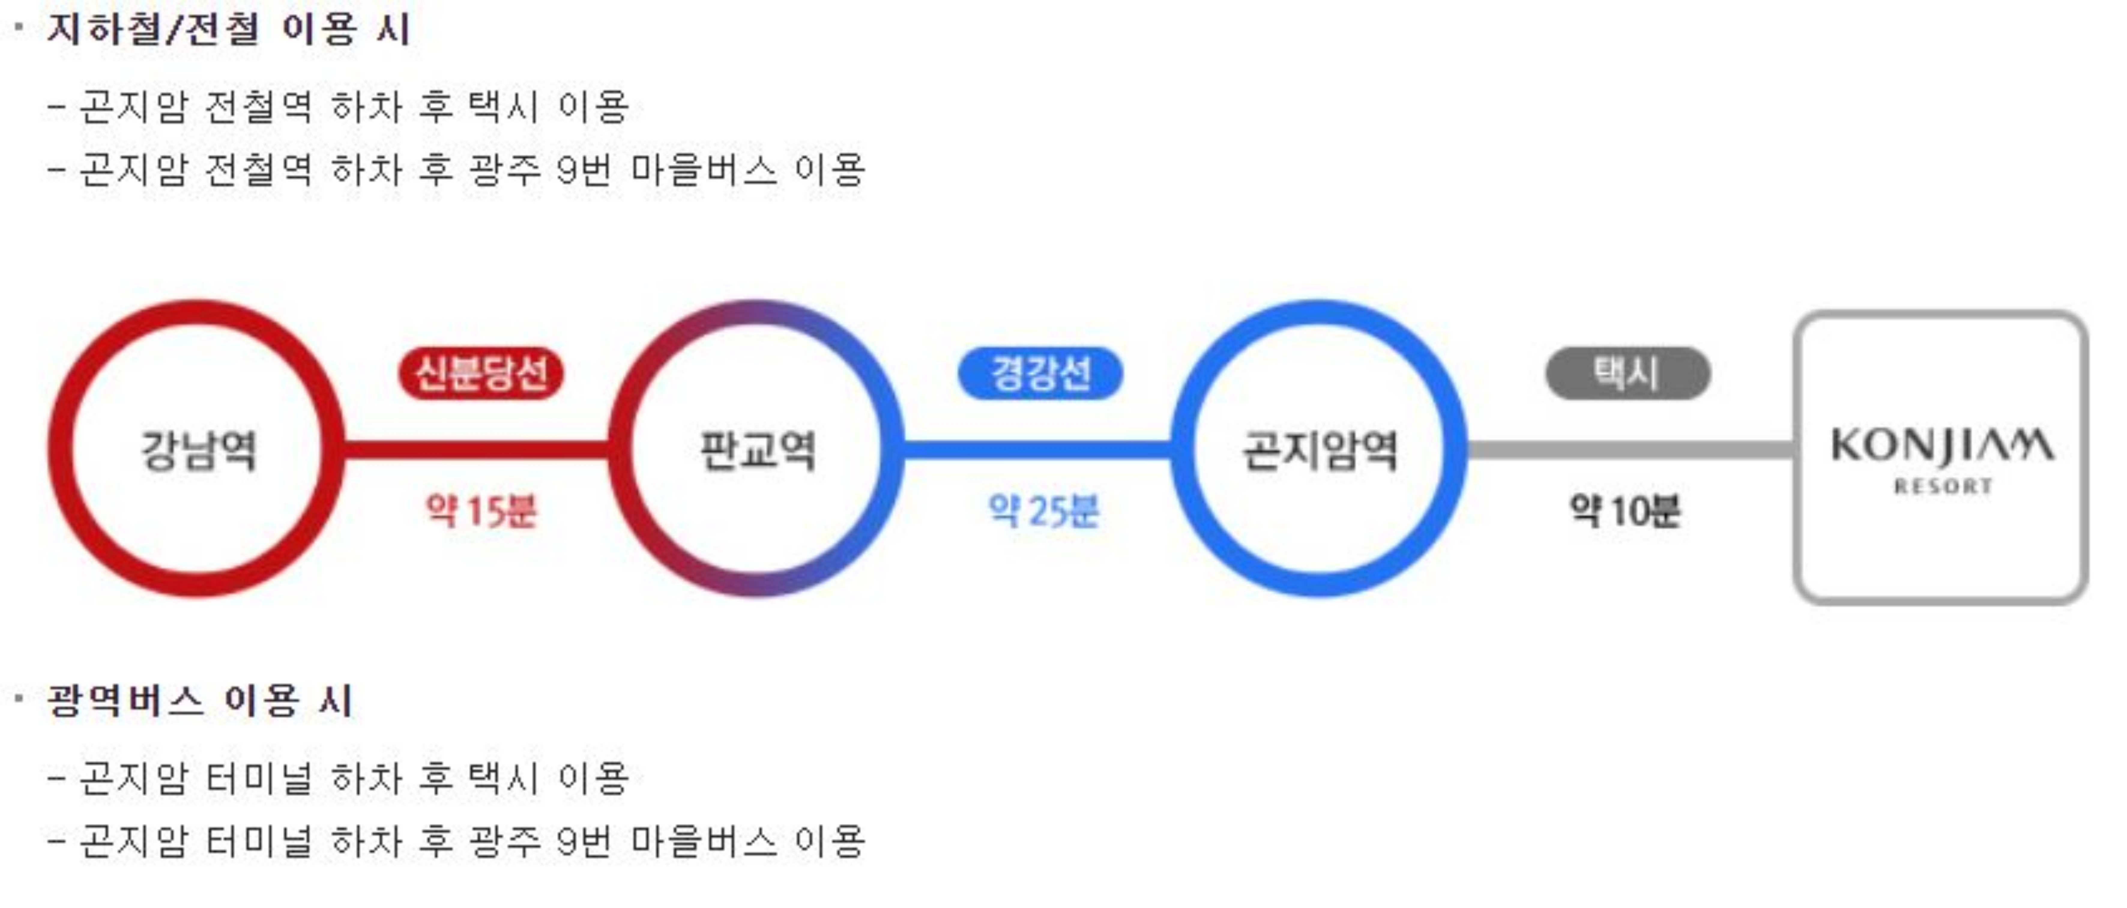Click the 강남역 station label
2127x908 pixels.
point(198,450)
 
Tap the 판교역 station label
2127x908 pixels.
point(757,450)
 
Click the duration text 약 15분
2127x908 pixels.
point(481,510)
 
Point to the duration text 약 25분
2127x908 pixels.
point(1044,510)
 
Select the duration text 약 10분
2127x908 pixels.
point(1624,510)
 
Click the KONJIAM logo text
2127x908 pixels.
point(1942,446)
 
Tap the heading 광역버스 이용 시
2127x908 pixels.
point(200,701)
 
